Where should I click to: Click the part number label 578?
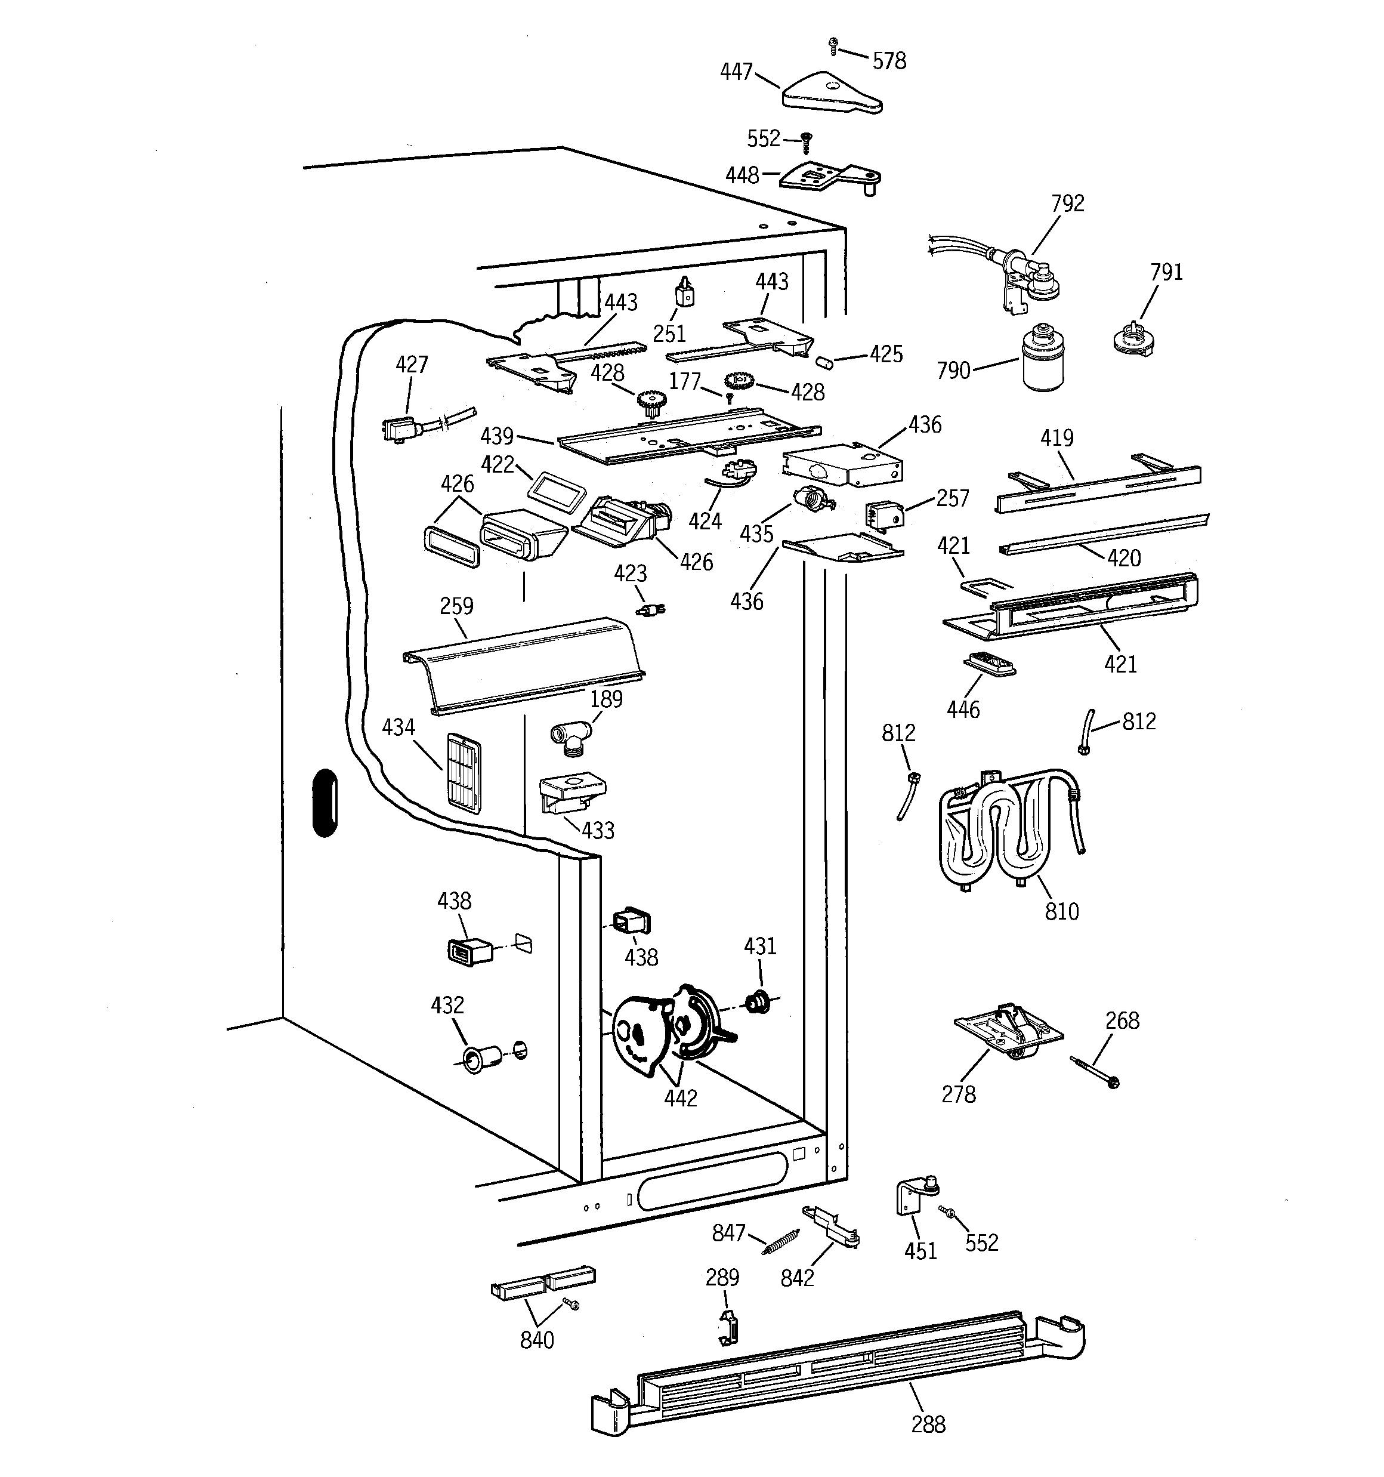click(x=889, y=61)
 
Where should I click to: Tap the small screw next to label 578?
click(x=833, y=46)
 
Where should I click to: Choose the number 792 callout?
click(x=1068, y=203)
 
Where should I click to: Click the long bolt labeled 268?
click(x=1095, y=1072)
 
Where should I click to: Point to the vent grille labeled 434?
click(x=464, y=773)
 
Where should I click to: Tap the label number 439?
click(x=497, y=436)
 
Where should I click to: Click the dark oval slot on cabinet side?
click(x=325, y=803)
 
